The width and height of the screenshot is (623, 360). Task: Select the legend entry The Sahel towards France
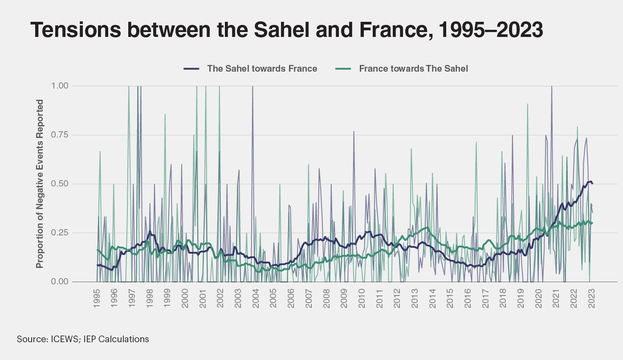point(262,69)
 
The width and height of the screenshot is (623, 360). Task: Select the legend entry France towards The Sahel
point(413,69)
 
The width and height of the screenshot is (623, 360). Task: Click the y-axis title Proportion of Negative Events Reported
point(40,184)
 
